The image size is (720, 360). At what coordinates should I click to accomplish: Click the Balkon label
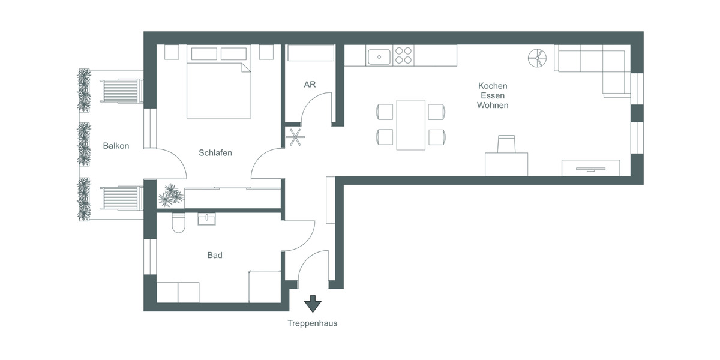[116, 146]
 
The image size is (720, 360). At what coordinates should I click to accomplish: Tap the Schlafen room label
[215, 153]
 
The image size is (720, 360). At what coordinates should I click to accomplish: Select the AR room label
[310, 85]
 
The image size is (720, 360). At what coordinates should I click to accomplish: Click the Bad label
[215, 255]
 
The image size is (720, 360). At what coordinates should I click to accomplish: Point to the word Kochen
[492, 86]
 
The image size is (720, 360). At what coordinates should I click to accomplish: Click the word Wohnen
[492, 105]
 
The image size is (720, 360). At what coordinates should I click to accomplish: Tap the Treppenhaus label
[312, 323]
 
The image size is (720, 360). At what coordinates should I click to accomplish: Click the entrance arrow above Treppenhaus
[312, 304]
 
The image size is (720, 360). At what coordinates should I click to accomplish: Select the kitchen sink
[379, 56]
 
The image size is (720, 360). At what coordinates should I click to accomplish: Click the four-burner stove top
[404, 56]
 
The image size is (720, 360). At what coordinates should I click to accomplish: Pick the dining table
[410, 125]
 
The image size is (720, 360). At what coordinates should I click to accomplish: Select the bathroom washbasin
[208, 219]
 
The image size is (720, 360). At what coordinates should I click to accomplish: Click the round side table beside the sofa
[538, 58]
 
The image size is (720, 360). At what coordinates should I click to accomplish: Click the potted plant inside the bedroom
[170, 194]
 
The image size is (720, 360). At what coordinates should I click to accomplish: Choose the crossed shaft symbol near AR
[294, 137]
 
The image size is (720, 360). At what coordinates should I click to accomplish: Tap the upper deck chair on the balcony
[122, 91]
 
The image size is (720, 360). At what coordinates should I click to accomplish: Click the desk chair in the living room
[506, 145]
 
